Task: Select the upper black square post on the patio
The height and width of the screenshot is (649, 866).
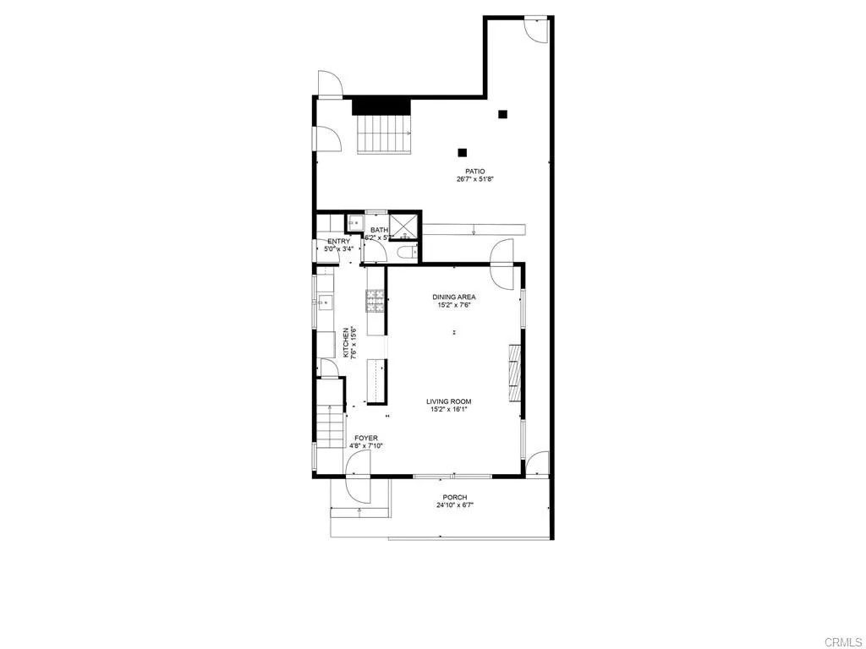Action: [x=502, y=114]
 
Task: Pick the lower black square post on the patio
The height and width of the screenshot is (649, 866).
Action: [x=463, y=153]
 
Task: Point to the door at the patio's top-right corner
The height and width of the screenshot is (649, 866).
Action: [x=534, y=29]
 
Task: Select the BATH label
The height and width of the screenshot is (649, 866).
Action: [x=378, y=230]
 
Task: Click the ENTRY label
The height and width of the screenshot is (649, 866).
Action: [x=338, y=242]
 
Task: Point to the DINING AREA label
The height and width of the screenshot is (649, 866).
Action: [x=454, y=297]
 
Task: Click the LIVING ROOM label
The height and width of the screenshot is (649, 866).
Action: [x=449, y=401]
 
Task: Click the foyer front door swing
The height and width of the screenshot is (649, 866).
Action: [x=359, y=464]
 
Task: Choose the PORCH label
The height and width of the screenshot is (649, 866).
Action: [x=454, y=497]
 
